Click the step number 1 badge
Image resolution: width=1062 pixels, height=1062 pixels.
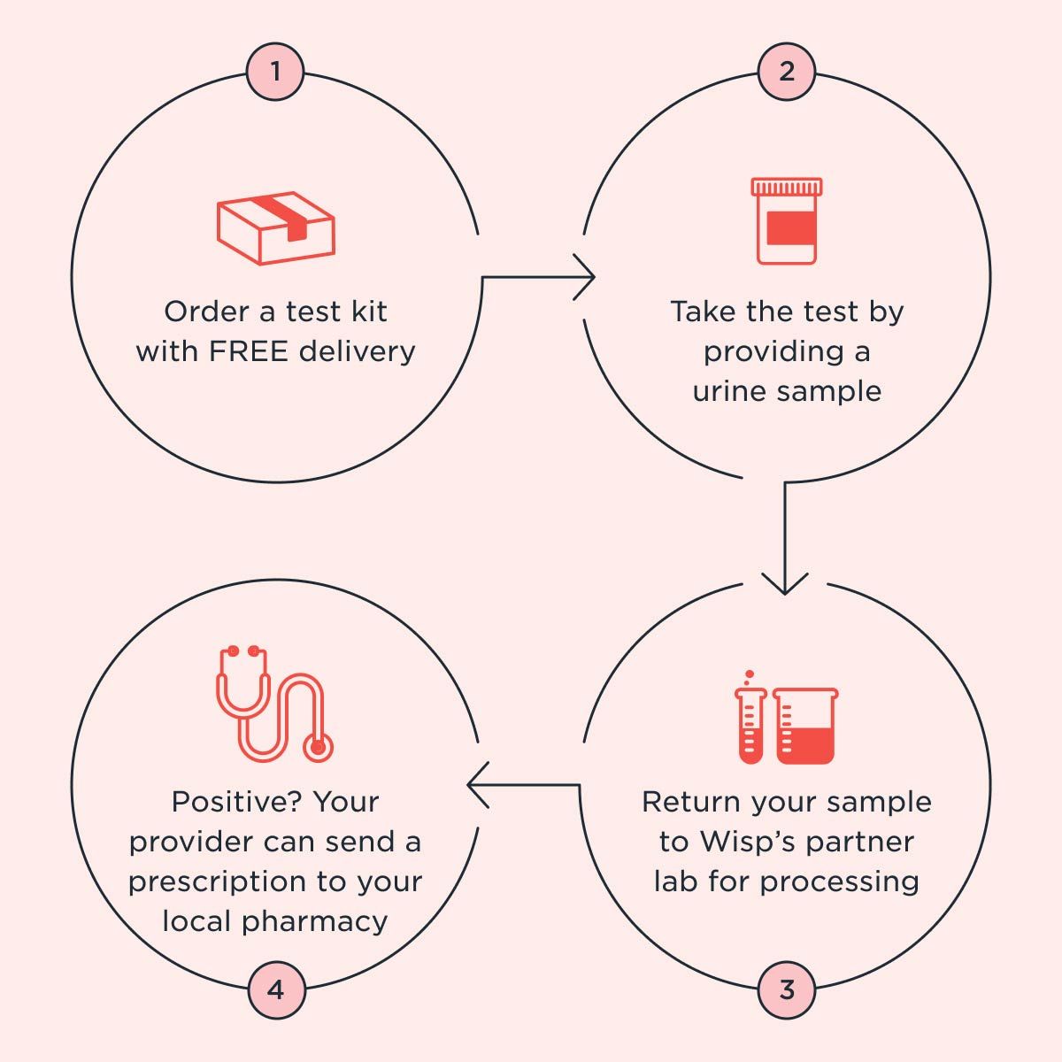[x=275, y=71]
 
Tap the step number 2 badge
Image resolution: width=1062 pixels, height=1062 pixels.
[x=786, y=71]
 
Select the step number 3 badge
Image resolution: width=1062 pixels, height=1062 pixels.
[x=786, y=989]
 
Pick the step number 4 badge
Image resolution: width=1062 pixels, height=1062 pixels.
[x=275, y=989]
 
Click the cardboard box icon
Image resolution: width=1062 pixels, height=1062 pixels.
[x=275, y=228]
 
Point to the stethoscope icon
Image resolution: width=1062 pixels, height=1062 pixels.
[x=275, y=704]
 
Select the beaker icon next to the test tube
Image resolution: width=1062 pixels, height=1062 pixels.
[x=804, y=726]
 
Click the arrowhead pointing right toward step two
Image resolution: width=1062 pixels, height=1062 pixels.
[x=587, y=278]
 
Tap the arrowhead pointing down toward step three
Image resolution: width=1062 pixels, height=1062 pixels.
[x=785, y=584]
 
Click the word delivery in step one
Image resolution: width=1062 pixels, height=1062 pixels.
[x=357, y=351]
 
